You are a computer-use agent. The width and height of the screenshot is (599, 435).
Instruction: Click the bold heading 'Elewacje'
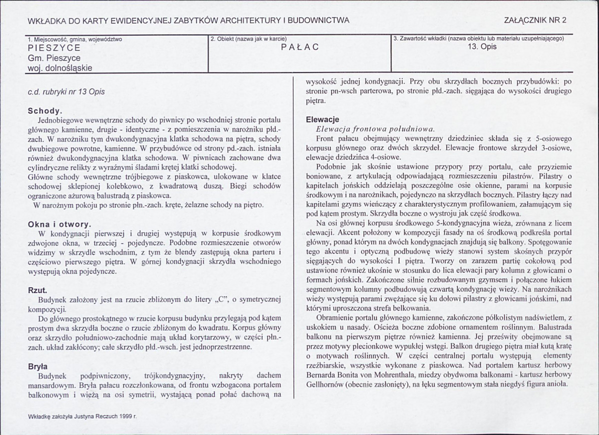[x=322, y=120]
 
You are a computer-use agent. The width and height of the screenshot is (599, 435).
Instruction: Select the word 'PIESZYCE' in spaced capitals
[x=54, y=48]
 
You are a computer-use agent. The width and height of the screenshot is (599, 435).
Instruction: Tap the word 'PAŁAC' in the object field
[x=300, y=48]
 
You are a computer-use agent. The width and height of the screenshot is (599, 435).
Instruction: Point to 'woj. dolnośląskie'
[x=60, y=68]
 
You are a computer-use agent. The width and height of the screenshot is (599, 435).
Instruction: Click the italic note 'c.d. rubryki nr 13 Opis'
[x=66, y=92]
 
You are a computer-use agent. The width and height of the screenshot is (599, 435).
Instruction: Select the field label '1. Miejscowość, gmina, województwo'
[x=74, y=38]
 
